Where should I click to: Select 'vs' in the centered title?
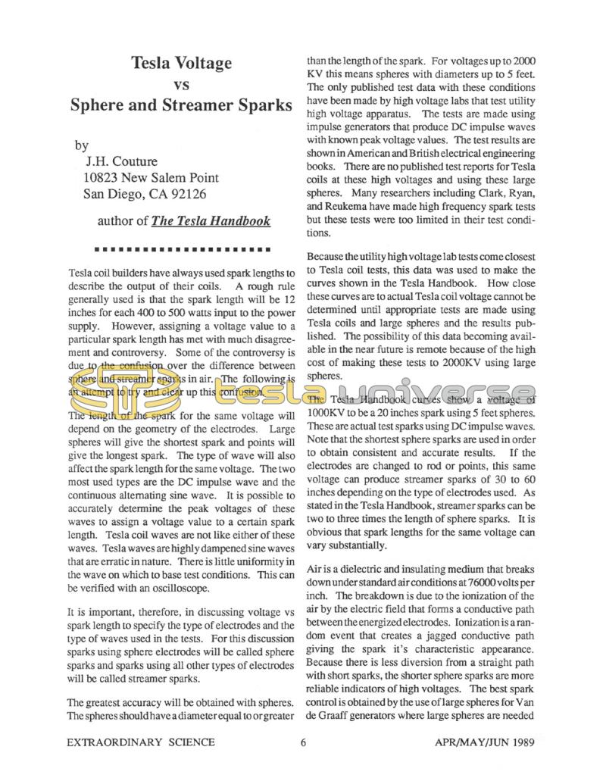pyautogui.click(x=181, y=84)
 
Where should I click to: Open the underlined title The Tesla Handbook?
pyautogui.click(x=211, y=222)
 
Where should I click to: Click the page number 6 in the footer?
pyautogui.click(x=303, y=742)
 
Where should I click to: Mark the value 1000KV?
pyautogui.click(x=329, y=414)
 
